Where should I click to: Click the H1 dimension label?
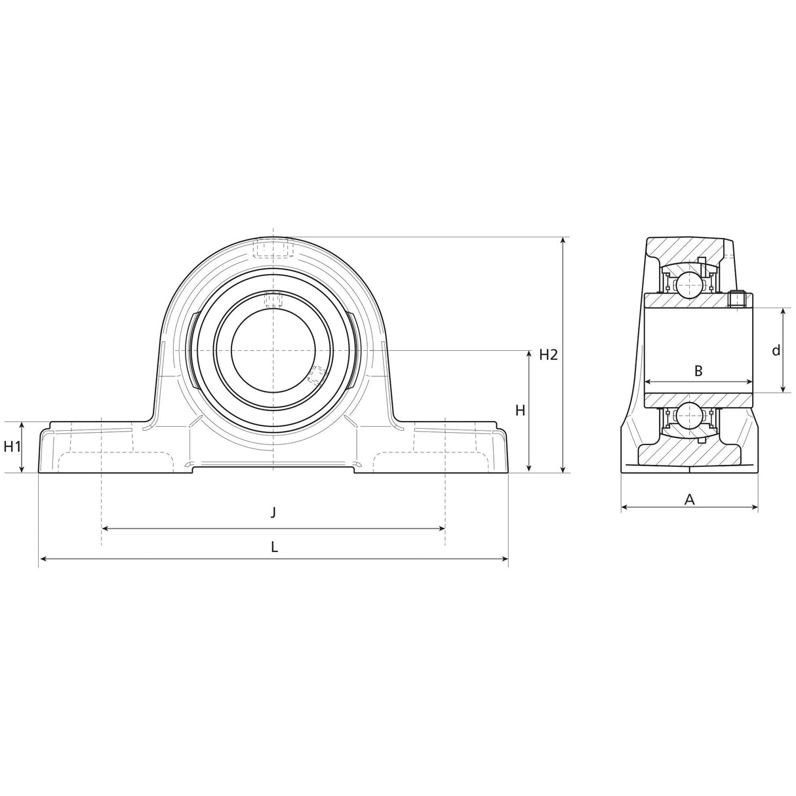pos(12,447)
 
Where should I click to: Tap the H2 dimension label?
pos(548,355)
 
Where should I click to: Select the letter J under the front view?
pos(273,511)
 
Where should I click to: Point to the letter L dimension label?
pos(274,546)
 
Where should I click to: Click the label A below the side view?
pos(689,500)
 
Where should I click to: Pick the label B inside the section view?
pos(698,371)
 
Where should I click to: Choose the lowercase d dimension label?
pos(776,351)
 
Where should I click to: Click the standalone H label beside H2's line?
pos(520,411)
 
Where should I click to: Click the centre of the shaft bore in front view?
pos(273,351)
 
